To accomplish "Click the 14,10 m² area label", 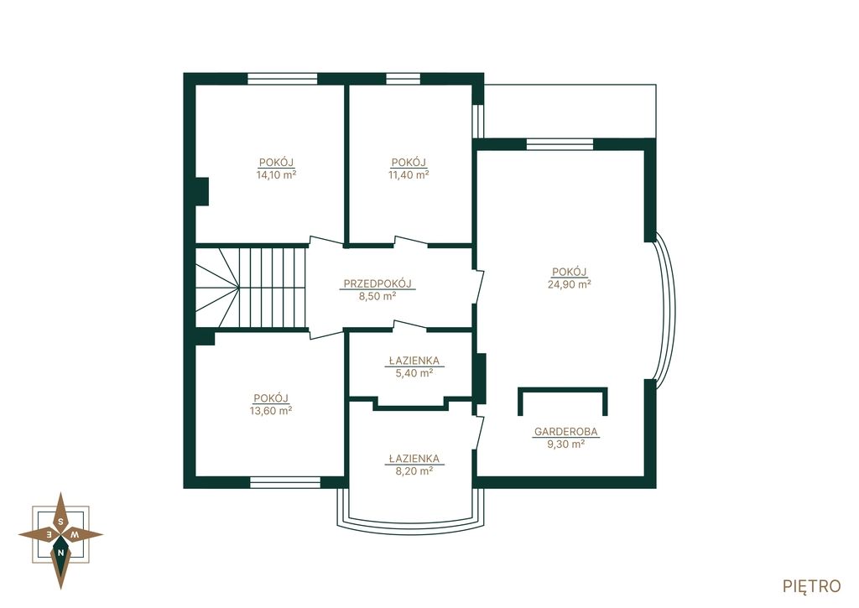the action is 276,175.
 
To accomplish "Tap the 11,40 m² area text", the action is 409,175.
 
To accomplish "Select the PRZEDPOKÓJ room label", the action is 377,283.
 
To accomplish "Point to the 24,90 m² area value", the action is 570,283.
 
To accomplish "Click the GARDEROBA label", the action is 566,432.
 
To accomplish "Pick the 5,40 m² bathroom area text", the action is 414,372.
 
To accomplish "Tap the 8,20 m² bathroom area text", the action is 414,470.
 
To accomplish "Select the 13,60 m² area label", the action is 271,411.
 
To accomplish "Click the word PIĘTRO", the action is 812,586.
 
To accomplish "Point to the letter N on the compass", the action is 60,553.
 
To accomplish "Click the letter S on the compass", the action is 60,521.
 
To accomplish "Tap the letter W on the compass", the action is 77,534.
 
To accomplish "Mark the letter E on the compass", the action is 49,534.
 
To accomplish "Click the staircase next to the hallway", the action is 252,288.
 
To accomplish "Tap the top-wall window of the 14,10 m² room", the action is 282,79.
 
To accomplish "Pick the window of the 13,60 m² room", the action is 285,482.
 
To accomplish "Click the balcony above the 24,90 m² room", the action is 570,112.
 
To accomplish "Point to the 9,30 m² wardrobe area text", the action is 566,444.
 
